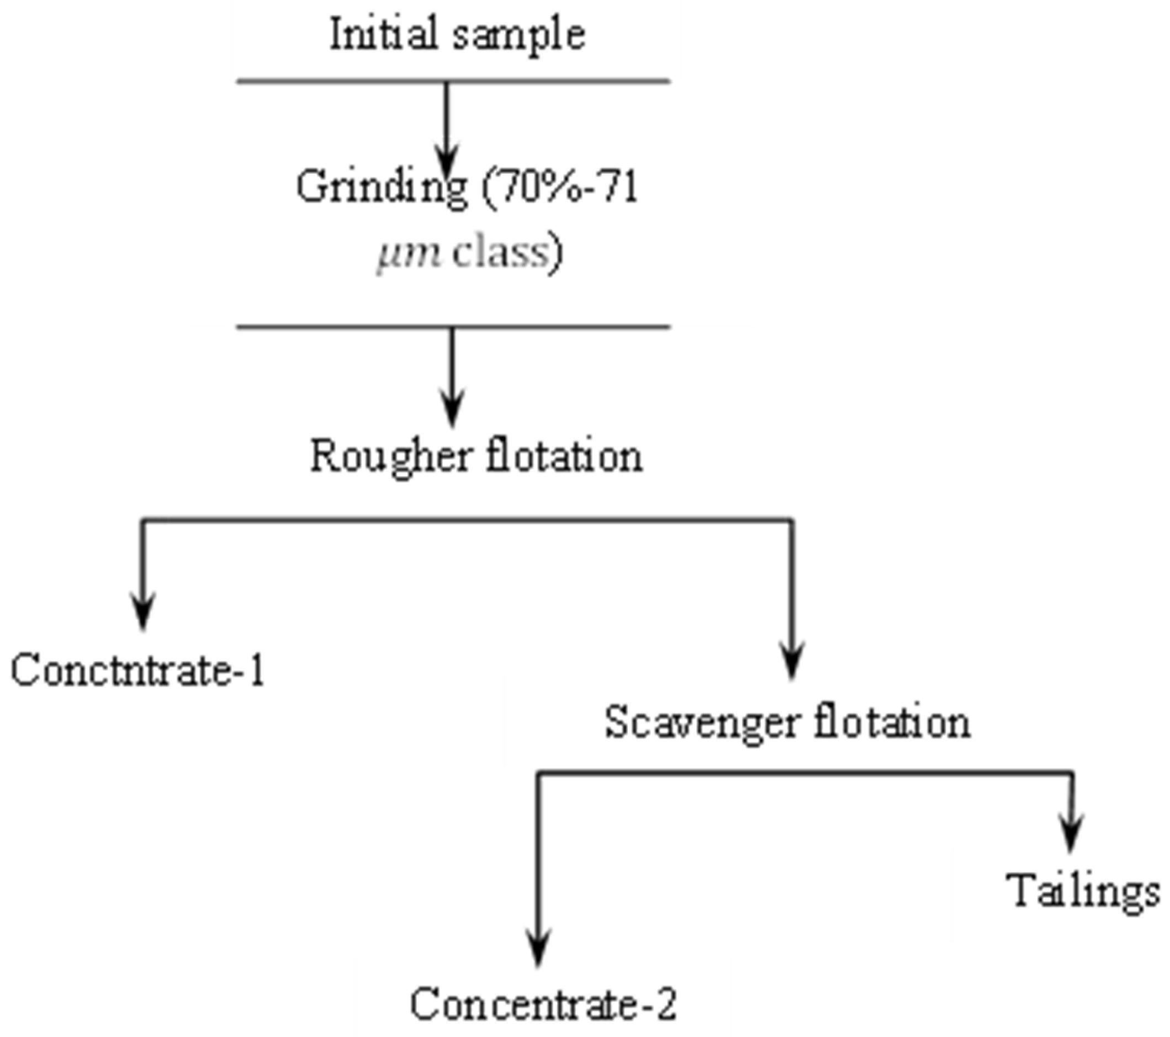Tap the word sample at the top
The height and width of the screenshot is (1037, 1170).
(x=520, y=35)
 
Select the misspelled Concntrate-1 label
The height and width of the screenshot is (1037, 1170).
(x=138, y=670)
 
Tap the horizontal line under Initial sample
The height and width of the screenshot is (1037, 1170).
(x=453, y=81)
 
